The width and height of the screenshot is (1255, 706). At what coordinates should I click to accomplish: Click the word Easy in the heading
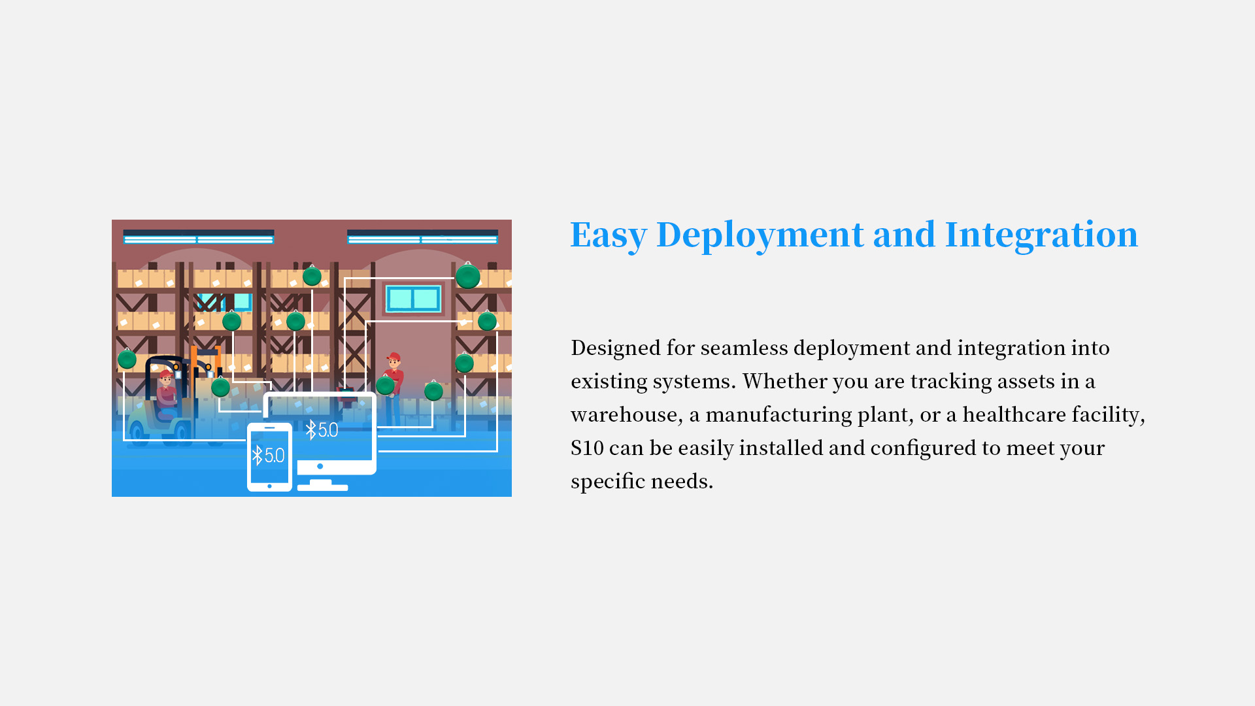[x=609, y=235]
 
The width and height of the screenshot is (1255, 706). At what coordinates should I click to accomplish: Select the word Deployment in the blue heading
[x=760, y=235]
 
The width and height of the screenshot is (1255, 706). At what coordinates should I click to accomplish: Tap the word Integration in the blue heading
[x=1041, y=234]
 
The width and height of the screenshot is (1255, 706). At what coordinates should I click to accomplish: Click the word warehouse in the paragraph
[x=624, y=414]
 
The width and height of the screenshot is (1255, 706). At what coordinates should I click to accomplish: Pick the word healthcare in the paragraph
[x=1014, y=414]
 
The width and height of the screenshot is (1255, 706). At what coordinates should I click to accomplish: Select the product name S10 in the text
[x=587, y=448]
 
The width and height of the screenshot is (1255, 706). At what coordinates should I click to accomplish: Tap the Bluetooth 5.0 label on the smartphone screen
[x=269, y=456]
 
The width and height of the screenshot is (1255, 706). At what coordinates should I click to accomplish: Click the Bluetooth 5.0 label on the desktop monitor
[x=322, y=430]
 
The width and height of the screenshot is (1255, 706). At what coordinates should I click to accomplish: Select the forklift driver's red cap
[x=165, y=375]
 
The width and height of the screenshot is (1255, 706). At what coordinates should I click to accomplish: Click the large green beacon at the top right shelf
[x=468, y=277]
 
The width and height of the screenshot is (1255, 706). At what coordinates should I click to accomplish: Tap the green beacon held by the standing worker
[x=385, y=386]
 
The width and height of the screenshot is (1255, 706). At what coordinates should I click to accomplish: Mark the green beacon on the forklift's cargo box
[x=220, y=387]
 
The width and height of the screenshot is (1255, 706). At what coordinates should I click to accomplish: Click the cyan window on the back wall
[x=413, y=299]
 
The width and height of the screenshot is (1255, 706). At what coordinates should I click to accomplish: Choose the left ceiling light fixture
[x=199, y=237]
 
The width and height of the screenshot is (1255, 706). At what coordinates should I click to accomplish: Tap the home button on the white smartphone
[x=269, y=486]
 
